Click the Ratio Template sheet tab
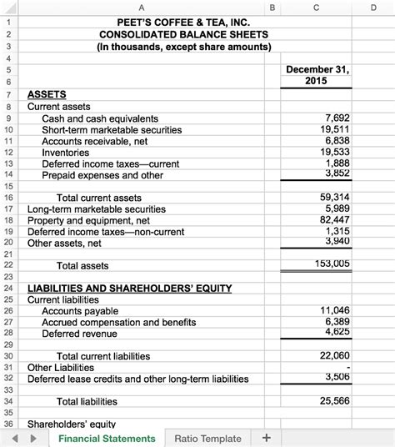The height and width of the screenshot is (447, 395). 207,438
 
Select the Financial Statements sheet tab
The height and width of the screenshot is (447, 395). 107,438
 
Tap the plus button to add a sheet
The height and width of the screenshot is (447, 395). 266,438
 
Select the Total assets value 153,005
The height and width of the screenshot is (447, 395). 332,264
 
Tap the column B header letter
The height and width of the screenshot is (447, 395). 272,7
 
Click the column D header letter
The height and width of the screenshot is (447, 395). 373,7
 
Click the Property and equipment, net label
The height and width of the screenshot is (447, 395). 87,220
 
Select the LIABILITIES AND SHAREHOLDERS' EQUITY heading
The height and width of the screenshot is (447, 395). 129,288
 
